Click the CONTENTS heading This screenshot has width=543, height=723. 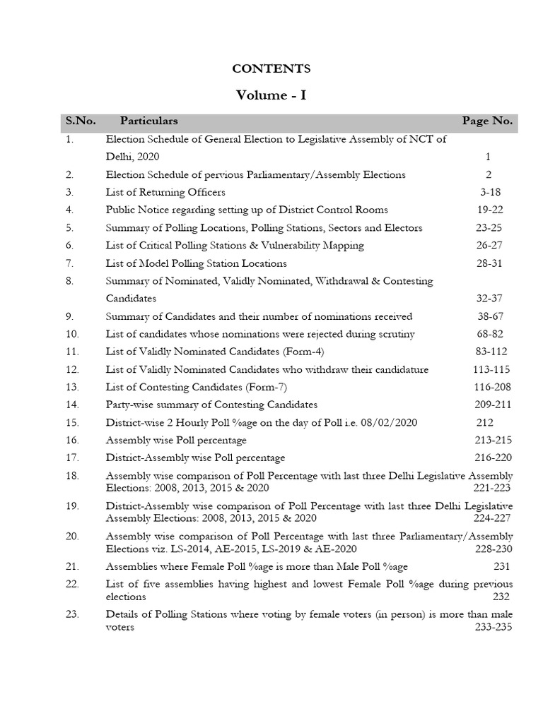click(271, 68)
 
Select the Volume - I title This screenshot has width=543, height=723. click(271, 95)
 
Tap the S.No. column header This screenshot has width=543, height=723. click(81, 121)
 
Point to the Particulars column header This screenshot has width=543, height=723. click(148, 121)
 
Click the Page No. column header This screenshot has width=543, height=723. click(487, 121)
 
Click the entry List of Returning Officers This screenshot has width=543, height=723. click(165, 192)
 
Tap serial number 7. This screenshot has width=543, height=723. click(69, 263)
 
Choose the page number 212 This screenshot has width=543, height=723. click(485, 422)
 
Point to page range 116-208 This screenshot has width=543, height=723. click(493, 387)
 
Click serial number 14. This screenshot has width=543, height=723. click(71, 405)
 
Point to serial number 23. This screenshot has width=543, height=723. click(72, 614)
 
